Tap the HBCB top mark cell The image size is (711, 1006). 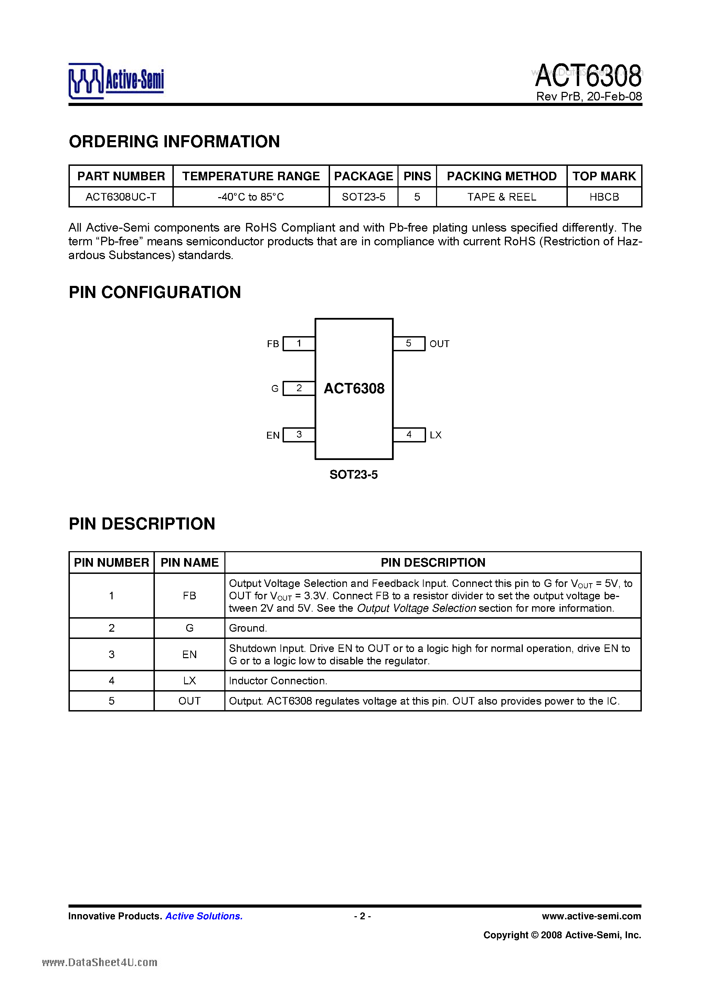pos(604,197)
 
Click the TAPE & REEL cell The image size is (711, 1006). pos(501,197)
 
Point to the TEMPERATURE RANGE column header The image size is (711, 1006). pos(251,176)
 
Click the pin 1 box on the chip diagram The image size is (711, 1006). pos(299,343)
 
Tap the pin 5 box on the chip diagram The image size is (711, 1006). pos(408,343)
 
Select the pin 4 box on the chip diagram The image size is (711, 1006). pos(409,435)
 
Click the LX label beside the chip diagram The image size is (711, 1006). pos(436,435)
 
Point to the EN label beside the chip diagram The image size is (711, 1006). pos(273,435)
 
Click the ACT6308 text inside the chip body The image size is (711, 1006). pos(354,388)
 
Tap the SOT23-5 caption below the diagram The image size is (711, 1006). pos(353,474)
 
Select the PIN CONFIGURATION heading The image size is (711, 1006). pos(155,292)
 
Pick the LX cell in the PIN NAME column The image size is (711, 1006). pos(189,681)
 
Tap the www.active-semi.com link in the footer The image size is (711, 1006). pos(591,916)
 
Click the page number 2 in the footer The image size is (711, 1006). pos(362,916)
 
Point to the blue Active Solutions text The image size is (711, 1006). pos(204,916)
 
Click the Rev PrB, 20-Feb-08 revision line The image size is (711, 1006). pos(589,96)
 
